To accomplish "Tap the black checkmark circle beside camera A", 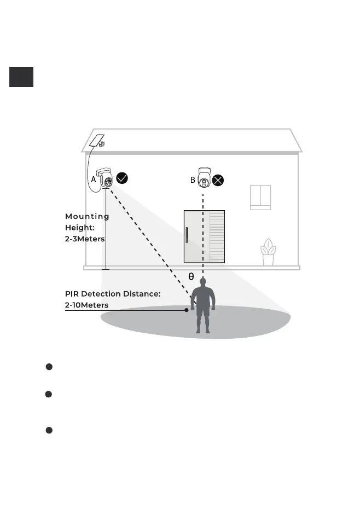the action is [x=123, y=178].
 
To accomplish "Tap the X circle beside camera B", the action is [x=218, y=180].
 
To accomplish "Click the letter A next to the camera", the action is [x=94, y=179].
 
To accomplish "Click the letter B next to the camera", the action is [x=193, y=179].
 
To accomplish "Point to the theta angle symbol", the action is [x=191, y=277].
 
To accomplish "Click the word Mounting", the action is [x=87, y=216].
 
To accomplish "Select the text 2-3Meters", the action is [x=85, y=239].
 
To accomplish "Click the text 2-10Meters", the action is [x=86, y=305].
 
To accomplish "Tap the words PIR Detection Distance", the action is [x=112, y=294].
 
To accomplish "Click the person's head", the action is [x=203, y=282].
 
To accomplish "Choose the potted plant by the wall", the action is [x=268, y=253].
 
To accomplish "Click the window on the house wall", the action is [x=260, y=198].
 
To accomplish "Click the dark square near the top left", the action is [x=21, y=77].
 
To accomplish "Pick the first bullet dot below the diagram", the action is [x=49, y=366].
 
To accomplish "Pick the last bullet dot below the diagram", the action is [x=49, y=431].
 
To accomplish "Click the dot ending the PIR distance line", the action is [x=187, y=310].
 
